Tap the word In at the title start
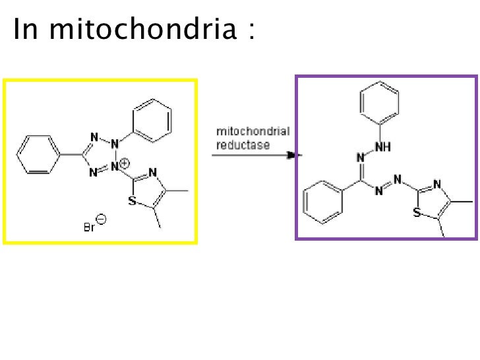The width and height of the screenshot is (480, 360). [26, 29]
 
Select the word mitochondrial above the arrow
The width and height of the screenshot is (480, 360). [253, 131]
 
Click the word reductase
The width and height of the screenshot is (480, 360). [243, 144]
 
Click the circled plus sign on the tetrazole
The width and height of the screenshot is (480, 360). [125, 162]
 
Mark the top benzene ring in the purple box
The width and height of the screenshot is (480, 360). [380, 103]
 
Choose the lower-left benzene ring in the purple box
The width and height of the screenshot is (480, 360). [323, 202]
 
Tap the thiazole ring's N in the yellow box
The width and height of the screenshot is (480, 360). [152, 173]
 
